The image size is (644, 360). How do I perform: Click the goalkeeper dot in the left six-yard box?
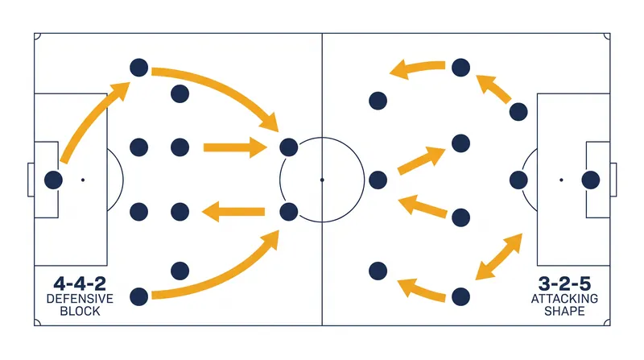tap(53, 180)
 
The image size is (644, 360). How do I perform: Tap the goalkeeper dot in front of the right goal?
tap(591, 180)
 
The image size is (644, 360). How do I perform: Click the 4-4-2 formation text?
tap(80, 283)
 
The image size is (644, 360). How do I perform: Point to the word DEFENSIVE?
tap(80, 299)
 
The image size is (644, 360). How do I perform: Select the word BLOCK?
tap(80, 311)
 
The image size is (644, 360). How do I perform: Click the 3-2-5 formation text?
tap(564, 283)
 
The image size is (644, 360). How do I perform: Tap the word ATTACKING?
tap(564, 299)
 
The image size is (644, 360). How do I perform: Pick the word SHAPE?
tap(564, 311)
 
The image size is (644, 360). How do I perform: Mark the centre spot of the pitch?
tap(322, 180)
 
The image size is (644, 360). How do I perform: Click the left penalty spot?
tap(83, 180)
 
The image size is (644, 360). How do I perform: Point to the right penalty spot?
tap(561, 180)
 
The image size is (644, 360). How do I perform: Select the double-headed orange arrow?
tap(498, 256)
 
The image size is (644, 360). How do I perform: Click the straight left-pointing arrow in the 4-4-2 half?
tap(233, 212)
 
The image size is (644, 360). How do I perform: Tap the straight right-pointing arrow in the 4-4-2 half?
tap(235, 147)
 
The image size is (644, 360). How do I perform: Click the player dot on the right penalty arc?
tap(518, 180)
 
